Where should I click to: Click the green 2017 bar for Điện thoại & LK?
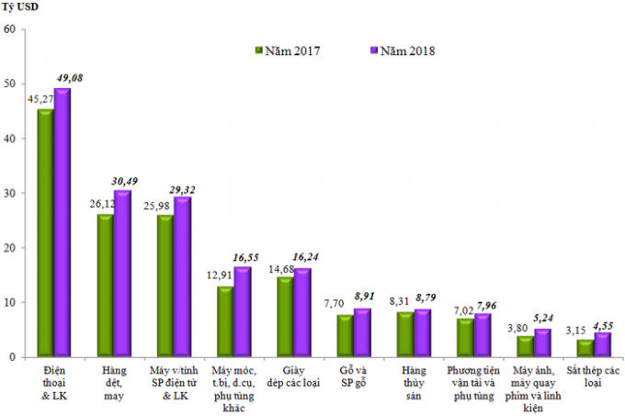(44, 232)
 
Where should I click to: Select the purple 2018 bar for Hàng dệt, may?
(122, 273)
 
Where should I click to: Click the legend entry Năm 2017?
(292, 51)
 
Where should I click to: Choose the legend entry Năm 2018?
(403, 51)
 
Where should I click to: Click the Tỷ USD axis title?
(19, 9)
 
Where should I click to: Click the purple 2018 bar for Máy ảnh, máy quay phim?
(542, 342)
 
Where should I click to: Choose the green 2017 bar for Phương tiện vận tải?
(465, 337)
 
